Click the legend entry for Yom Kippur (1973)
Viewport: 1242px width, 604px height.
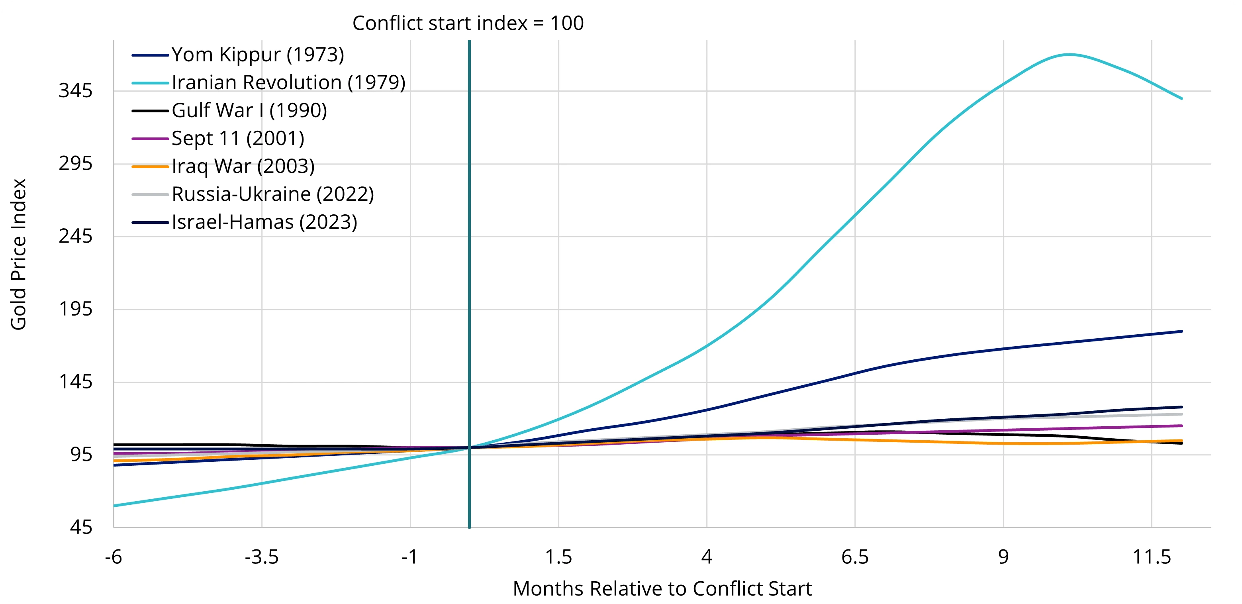[x=257, y=55]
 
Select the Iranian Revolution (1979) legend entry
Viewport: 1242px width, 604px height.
[x=288, y=83]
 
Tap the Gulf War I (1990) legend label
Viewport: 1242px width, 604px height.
[x=249, y=111]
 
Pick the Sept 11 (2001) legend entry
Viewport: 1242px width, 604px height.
[x=238, y=139]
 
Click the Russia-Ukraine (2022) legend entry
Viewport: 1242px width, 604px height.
[x=272, y=194]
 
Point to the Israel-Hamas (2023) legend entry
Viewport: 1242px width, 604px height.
[x=264, y=222]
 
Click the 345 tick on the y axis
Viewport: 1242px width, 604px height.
[x=75, y=91]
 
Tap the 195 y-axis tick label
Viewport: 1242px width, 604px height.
[x=75, y=309]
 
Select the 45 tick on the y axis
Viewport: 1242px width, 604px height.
[x=80, y=527]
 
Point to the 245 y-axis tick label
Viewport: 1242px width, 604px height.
[x=75, y=236]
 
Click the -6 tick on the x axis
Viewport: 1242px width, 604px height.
[x=114, y=557]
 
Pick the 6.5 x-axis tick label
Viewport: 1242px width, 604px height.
[x=855, y=557]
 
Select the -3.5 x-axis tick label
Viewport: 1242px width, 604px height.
[x=262, y=557]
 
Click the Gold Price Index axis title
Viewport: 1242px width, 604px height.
[x=18, y=254]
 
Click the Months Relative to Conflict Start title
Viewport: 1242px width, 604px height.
[x=662, y=589]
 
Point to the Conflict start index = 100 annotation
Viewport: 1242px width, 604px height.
[x=468, y=23]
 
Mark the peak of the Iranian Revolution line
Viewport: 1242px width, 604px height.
[x=1070, y=55]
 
